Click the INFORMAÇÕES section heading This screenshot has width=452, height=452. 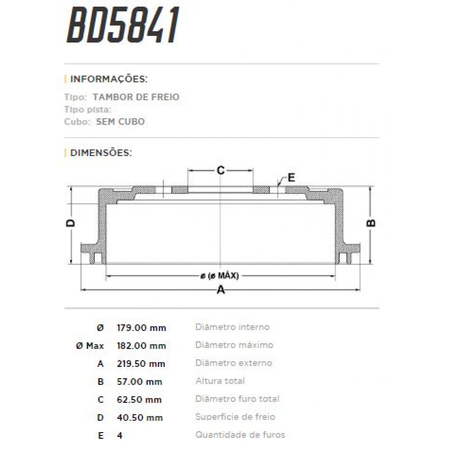coord(108,79)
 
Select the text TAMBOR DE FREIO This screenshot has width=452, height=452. coord(136,97)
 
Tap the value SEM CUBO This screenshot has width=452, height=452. coord(120,122)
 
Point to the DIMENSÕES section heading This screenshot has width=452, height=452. coord(101,153)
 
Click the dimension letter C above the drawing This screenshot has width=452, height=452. coord(221,171)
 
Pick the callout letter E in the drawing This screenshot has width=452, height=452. coord(291,177)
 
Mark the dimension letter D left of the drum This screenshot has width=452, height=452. coord(70,223)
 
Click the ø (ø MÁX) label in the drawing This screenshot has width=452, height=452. coord(220,276)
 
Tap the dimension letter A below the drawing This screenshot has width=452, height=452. coord(221,290)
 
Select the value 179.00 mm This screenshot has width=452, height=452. coord(141,328)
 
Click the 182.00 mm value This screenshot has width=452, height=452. coord(141,346)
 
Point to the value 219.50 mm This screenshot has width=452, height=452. coord(141,364)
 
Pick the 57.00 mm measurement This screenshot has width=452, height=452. coord(139,382)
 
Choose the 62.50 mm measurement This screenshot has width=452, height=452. coord(139,400)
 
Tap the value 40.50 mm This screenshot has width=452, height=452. coord(140,418)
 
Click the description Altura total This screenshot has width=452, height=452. coord(220,381)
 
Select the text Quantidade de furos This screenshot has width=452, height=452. coord(240,435)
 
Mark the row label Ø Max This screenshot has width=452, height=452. coord(90,346)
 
